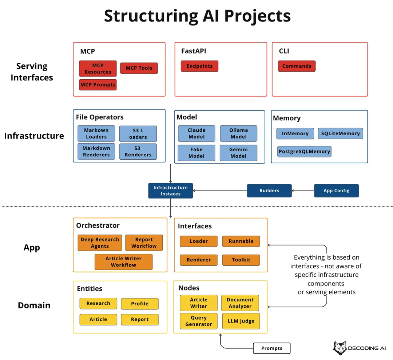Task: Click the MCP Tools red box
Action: pyautogui.click(x=139, y=68)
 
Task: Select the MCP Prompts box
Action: pyautogui.click(x=98, y=85)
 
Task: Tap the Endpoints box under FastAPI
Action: pyautogui.click(x=199, y=66)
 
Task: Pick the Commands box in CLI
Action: pyautogui.click(x=297, y=66)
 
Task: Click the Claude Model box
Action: pyautogui.click(x=196, y=133)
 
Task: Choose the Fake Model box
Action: pyautogui.click(x=196, y=153)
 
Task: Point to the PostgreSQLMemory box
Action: pyautogui.click(x=304, y=152)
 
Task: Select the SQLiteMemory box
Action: pyautogui.click(x=340, y=133)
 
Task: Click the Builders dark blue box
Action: pyautogui.click(x=269, y=191)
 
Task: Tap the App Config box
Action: pyautogui.click(x=336, y=191)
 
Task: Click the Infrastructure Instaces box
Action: pyautogui.click(x=170, y=191)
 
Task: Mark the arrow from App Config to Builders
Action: pyautogui.click(x=303, y=191)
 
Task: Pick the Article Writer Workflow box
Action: pyautogui.click(x=124, y=262)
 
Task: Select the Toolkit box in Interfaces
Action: pyautogui.click(x=241, y=260)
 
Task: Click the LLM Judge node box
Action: pyautogui.click(x=241, y=321)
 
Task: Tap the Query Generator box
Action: pyautogui.click(x=199, y=321)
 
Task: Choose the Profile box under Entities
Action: pyautogui.click(x=140, y=304)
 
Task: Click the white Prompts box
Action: pyautogui.click(x=272, y=348)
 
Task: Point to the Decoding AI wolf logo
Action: pyautogui.click(x=340, y=348)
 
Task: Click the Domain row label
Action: pyautogui.click(x=34, y=305)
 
